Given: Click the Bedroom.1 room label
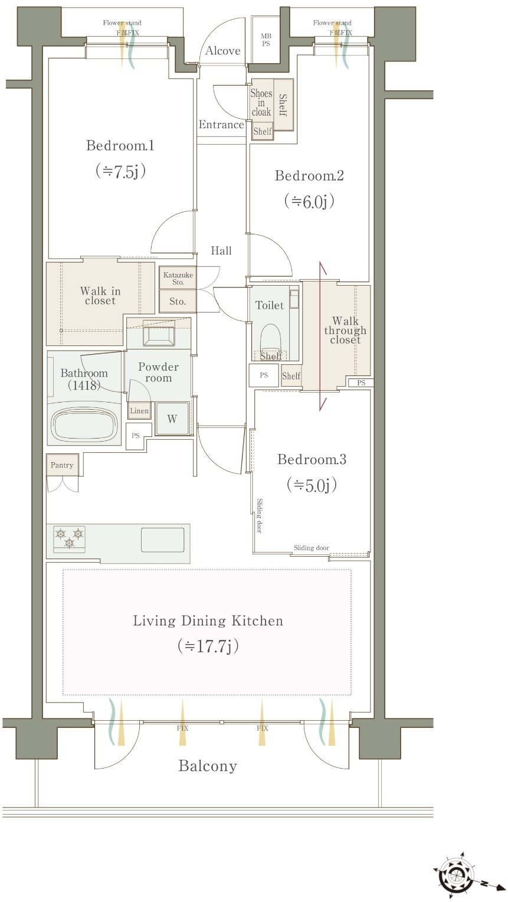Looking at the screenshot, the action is [x=120, y=145].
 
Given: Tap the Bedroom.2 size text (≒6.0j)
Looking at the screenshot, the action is [x=309, y=201].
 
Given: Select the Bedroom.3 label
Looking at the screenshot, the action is [x=312, y=459].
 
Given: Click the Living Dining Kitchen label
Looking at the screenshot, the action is [x=208, y=620].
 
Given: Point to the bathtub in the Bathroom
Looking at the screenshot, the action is [x=84, y=425].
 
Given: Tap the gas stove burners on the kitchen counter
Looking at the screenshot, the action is [x=69, y=538].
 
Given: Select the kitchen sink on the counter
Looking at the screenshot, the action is [x=162, y=540].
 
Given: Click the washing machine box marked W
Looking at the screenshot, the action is [x=172, y=419].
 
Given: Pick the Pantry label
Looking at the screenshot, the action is [x=61, y=465].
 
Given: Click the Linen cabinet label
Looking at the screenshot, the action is [x=139, y=411].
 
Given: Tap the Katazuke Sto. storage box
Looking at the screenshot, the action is [x=178, y=277].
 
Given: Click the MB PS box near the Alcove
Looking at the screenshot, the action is [x=266, y=40].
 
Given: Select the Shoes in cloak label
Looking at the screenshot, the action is [x=261, y=103].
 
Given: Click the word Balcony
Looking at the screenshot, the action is [x=208, y=766].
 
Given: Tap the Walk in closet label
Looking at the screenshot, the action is [x=100, y=296].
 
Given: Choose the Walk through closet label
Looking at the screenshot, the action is [x=345, y=330].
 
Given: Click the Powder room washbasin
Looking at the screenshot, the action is [x=159, y=333].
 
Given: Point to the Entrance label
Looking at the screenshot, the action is [x=221, y=125].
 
